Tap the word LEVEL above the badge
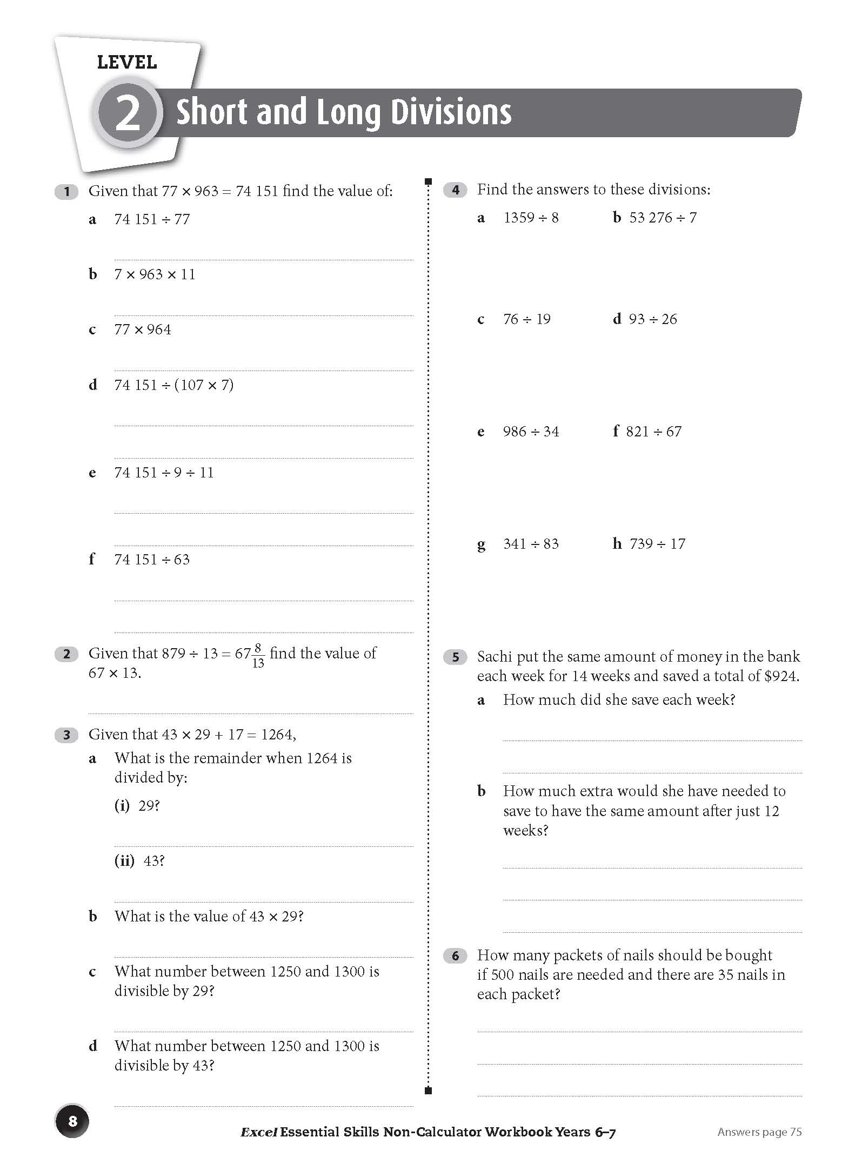[127, 63]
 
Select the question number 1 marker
[66, 191]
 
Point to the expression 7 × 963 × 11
[155, 274]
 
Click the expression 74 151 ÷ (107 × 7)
[173, 385]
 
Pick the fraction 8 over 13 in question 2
[258, 655]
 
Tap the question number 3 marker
[66, 735]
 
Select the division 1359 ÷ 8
[531, 218]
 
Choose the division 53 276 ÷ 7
[663, 218]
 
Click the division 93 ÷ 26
[652, 319]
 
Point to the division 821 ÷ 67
[653, 432]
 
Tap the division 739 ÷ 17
[657, 544]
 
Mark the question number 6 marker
[455, 956]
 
